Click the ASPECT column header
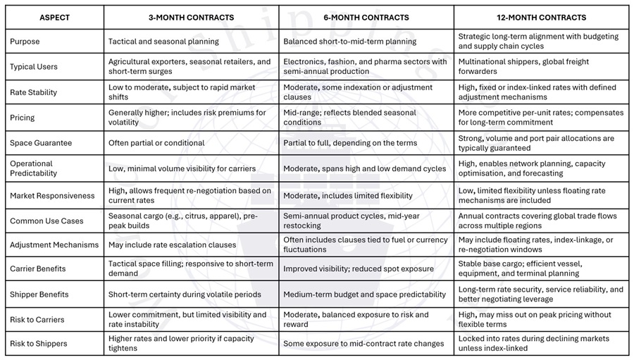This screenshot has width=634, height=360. [54, 18]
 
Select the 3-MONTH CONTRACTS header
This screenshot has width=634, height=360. [191, 18]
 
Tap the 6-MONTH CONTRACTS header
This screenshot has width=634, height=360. [366, 18]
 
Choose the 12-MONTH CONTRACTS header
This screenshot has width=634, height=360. [541, 18]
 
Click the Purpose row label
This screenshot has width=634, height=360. [25, 42]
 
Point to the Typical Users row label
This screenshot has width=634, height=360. [34, 67]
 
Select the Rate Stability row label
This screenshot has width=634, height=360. [34, 92]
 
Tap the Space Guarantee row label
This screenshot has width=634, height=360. [41, 143]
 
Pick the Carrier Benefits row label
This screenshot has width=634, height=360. [39, 268]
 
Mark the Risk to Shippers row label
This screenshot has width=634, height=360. [39, 344]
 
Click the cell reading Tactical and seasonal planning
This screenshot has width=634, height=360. [163, 42]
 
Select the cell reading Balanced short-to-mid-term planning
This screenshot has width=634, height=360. [350, 42]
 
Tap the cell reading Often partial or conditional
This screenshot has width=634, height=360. [156, 143]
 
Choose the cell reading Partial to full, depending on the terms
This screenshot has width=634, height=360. [350, 143]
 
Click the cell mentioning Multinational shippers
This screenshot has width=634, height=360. [523, 67]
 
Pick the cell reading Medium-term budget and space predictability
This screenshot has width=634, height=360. [364, 294]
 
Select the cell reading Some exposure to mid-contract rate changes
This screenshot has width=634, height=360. [363, 344]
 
